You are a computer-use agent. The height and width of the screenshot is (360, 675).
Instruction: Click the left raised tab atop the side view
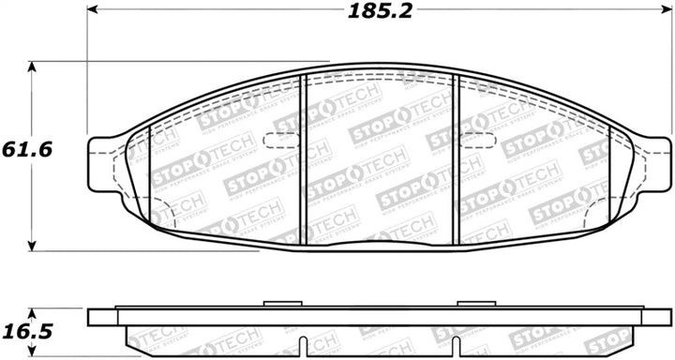coord(280,305)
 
